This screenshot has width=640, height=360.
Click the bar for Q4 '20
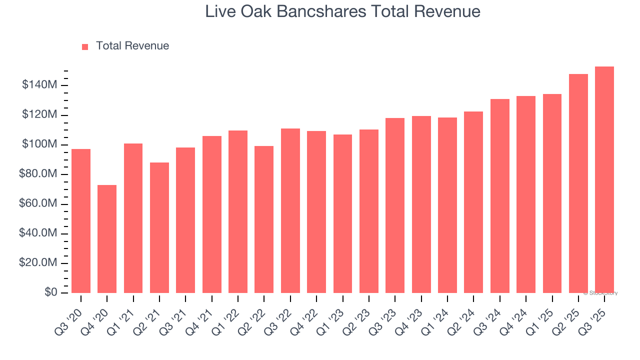tap(107, 239)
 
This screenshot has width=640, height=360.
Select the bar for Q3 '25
tap(604, 180)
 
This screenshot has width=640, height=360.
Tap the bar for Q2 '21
tap(159, 227)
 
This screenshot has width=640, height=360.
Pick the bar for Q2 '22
tap(264, 219)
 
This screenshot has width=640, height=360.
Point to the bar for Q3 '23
tap(395, 205)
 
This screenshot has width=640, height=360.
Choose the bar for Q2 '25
tap(578, 183)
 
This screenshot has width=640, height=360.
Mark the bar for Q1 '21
tap(133, 218)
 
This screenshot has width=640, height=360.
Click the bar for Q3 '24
tap(500, 196)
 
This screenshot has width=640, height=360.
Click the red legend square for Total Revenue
tap(85, 46)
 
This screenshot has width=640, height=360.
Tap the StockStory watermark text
tap(600, 293)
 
